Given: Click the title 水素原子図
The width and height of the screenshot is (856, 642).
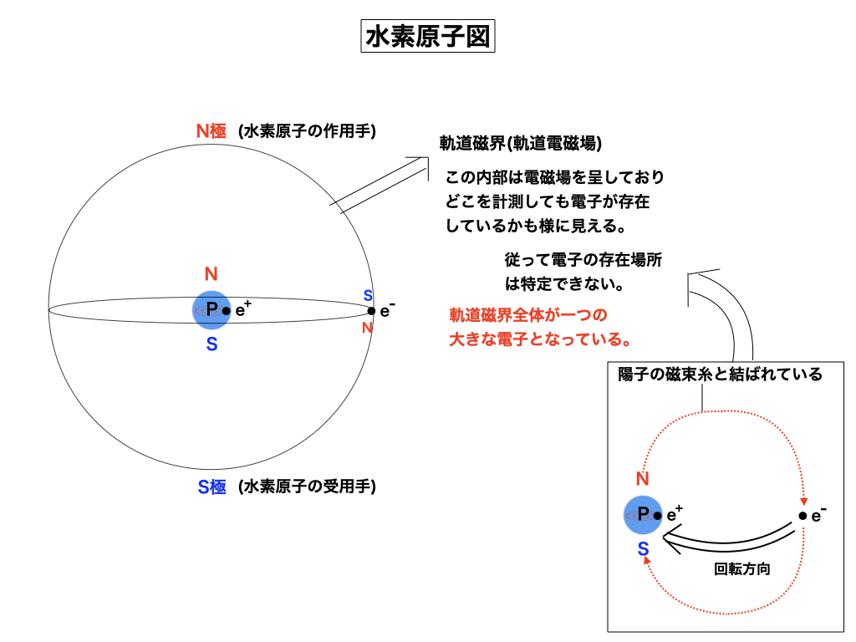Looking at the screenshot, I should tap(427, 38).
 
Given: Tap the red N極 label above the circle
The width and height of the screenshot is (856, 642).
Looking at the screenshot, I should tap(211, 130).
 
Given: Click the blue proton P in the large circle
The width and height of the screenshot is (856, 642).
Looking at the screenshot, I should tap(211, 310).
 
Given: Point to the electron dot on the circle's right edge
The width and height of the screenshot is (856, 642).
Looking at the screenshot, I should tap(371, 311).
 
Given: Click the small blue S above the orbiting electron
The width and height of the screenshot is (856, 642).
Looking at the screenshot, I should tap(367, 295).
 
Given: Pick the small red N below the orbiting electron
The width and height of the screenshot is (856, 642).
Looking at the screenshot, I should tap(367, 328).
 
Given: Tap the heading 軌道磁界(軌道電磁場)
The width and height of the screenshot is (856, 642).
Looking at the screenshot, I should tap(521, 143).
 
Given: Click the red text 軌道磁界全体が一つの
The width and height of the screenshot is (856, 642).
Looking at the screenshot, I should tap(527, 315).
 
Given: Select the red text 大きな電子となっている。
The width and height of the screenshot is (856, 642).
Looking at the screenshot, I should tap(539, 340).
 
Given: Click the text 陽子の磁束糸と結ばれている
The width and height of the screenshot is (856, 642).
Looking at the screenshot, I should tap(720, 374).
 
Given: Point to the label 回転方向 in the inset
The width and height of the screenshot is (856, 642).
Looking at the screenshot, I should tap(741, 568).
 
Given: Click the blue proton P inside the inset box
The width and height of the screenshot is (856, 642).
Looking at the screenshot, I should tap(643, 514).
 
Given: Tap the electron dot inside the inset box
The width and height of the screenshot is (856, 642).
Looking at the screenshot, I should tap(802, 516).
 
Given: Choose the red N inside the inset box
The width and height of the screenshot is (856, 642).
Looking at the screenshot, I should tap(642, 479).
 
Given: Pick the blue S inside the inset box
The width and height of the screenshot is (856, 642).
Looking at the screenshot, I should tap(643, 548).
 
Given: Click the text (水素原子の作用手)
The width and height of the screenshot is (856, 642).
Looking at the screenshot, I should tap(306, 130).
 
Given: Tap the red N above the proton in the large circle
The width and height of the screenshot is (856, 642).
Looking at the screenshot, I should tap(211, 274).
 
